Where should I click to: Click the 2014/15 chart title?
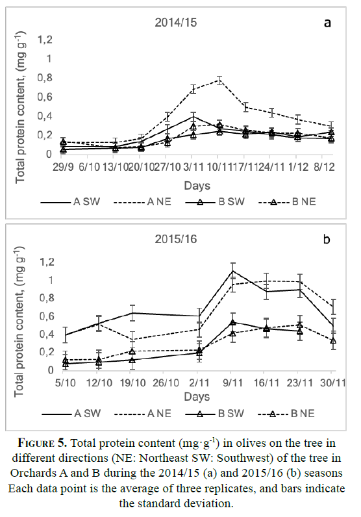click(176, 23)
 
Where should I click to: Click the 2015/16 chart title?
click(176, 239)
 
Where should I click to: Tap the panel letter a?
click(327, 23)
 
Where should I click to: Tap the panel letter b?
click(327, 239)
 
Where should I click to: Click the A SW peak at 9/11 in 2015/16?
click(232, 271)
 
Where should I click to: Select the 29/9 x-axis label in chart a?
click(63, 167)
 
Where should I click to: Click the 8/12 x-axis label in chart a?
click(324, 167)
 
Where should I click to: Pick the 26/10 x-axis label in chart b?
click(166, 383)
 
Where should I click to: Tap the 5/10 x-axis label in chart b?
click(65, 383)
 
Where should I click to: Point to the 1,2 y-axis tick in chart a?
click(45, 40)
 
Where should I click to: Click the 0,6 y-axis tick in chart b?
click(46, 316)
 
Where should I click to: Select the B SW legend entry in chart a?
click(215, 202)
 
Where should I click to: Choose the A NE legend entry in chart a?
click(142, 202)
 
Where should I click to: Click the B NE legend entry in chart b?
click(286, 414)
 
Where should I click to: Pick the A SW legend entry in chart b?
click(71, 414)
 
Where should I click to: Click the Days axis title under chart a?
click(197, 186)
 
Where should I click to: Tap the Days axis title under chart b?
click(197, 397)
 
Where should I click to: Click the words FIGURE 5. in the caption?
click(43, 442)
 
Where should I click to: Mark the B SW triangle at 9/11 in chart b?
click(232, 322)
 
